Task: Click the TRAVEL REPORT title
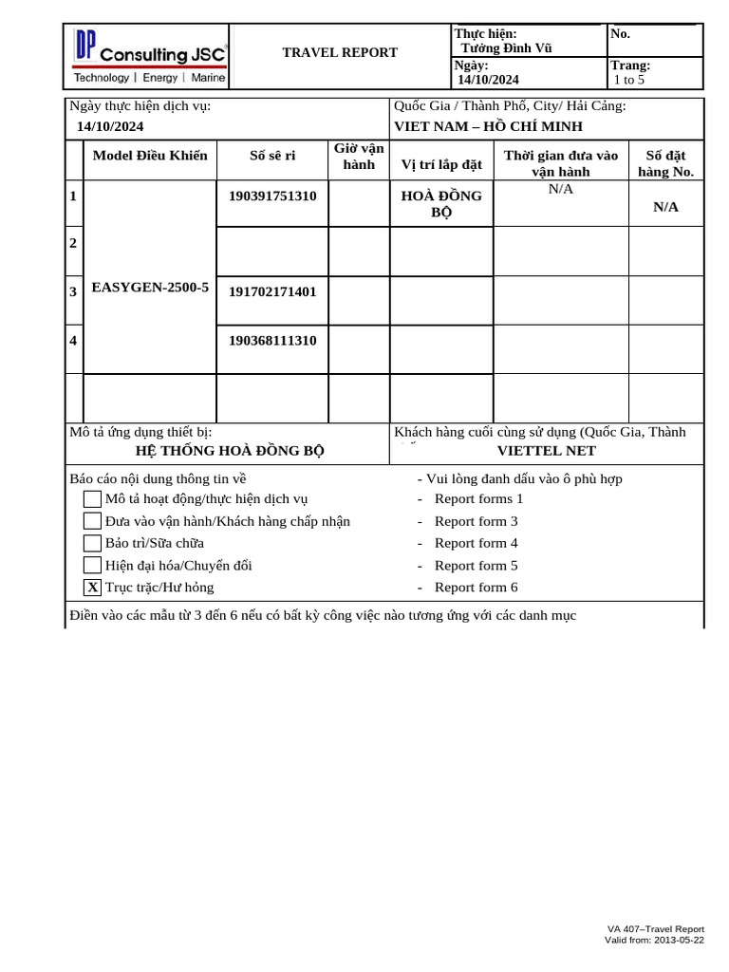[340, 52]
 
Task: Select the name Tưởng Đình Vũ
[506, 48]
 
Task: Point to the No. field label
[622, 33]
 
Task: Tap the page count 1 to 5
[629, 80]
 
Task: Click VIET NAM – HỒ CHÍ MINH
[488, 126]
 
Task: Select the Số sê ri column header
[272, 156]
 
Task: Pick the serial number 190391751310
[272, 196]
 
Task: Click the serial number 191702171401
[272, 291]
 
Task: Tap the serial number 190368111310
[272, 340]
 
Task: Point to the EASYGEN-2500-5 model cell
[150, 286]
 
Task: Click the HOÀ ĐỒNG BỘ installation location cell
[441, 203]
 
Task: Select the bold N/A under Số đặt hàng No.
[665, 207]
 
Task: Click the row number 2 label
[73, 243]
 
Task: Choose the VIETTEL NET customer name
[547, 450]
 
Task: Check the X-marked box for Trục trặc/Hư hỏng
[92, 588]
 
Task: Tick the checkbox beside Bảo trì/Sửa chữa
[92, 543]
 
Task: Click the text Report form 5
[476, 566]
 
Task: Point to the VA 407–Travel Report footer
[656, 929]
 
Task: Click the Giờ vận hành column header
[359, 157]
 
